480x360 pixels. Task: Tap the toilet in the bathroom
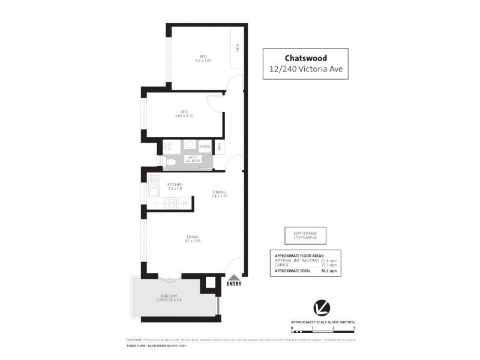(170, 161)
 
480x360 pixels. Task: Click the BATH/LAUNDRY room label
(193, 159)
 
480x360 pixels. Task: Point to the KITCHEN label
(175, 184)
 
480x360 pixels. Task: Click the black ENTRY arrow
(234, 278)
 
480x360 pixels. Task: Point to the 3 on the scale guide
(354, 329)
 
